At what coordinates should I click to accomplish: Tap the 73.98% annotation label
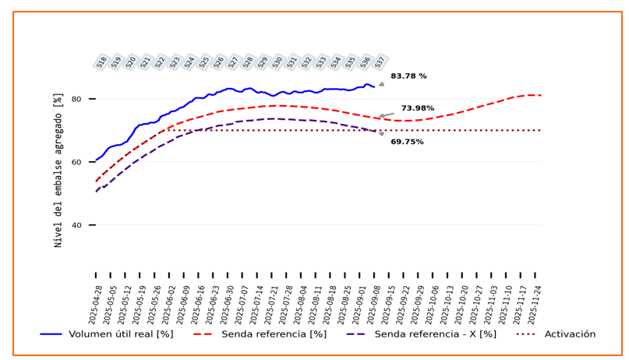(418, 108)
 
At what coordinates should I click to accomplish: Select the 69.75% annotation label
(407, 142)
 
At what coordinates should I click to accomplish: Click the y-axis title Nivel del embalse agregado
(58, 169)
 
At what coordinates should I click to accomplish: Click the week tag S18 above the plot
(102, 62)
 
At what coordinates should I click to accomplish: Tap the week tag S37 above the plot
(380, 62)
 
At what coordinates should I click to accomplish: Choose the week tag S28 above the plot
(248, 62)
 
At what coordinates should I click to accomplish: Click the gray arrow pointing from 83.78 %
(381, 83)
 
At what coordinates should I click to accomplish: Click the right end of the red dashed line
(540, 95)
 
